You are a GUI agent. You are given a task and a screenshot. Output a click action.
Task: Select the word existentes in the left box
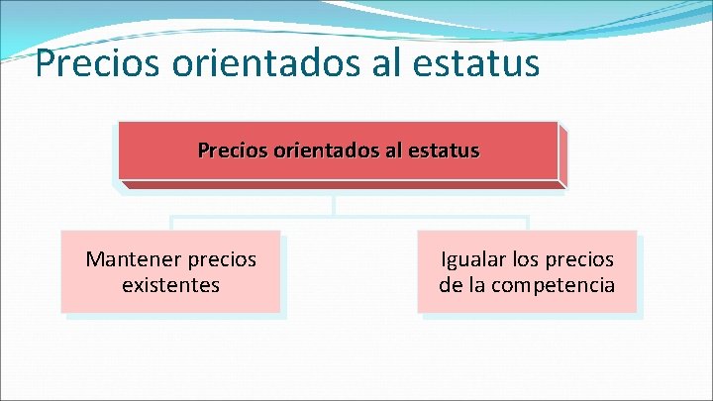click(170, 285)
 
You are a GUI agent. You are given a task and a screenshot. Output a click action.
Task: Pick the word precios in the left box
click(220, 259)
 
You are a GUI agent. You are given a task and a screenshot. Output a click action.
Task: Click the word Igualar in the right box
click(473, 259)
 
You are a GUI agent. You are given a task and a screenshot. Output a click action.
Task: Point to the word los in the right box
click(526, 259)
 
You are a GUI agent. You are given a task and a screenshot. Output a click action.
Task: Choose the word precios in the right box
click(579, 259)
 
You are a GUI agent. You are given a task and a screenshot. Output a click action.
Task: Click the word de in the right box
click(451, 285)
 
